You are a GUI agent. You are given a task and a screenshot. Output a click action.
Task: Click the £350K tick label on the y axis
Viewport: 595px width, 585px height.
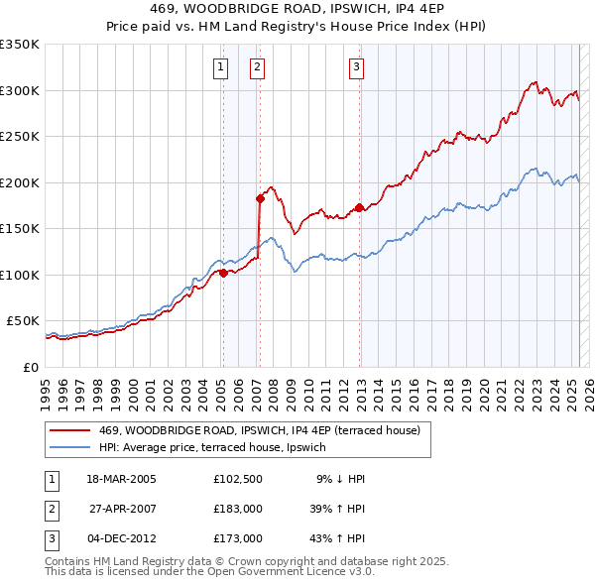[20, 45]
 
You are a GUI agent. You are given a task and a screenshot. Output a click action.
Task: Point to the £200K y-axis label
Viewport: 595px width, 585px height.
[20, 182]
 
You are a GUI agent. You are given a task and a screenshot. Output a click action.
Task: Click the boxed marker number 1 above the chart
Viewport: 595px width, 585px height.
[219, 67]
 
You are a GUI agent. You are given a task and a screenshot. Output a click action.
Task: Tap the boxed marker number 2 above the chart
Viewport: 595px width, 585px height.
[257, 67]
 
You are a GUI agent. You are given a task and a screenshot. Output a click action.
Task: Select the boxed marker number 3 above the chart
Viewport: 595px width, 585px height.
[356, 67]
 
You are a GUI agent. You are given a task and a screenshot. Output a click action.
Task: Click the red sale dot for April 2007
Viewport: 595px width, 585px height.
[260, 198]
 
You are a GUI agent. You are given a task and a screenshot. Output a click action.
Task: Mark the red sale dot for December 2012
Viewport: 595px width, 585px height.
[359, 207]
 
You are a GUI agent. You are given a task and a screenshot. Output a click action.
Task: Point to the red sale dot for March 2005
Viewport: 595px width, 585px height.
[223, 273]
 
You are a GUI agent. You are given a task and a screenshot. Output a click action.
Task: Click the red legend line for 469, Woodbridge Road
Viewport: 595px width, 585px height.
[71, 430]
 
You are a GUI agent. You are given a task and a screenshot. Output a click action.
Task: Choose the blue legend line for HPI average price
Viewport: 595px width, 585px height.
[71, 447]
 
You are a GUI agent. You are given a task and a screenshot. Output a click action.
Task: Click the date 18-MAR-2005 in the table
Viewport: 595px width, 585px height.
[121, 479]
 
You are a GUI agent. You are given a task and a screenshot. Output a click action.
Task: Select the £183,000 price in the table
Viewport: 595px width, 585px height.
[237, 509]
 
